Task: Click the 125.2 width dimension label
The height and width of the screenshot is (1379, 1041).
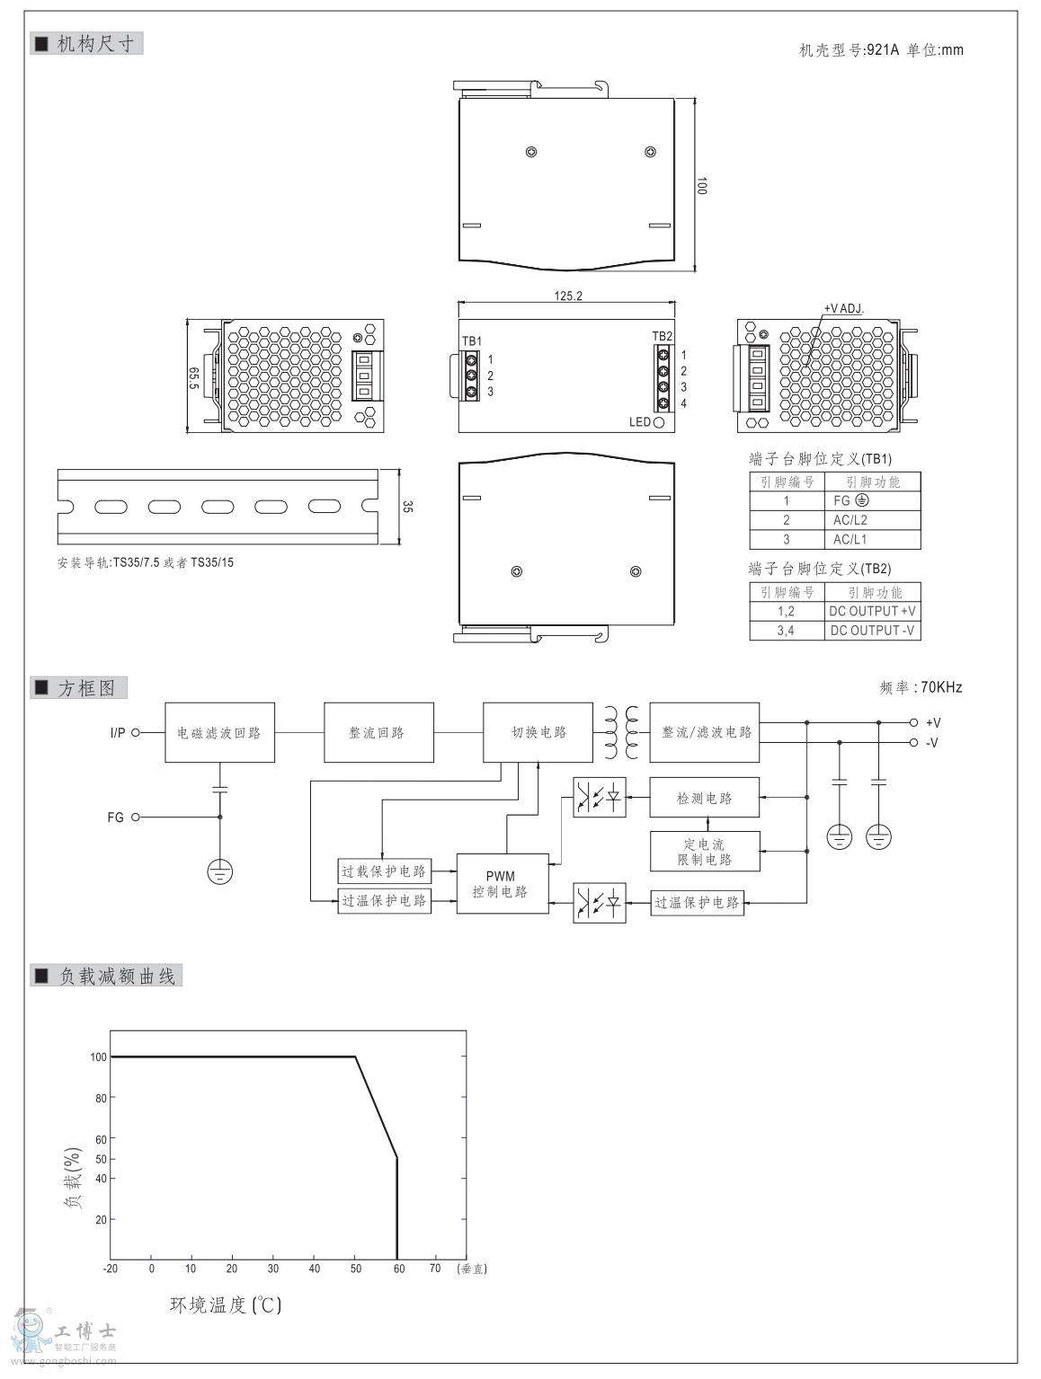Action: coord(567,296)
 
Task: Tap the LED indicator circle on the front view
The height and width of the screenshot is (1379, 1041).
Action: coord(659,421)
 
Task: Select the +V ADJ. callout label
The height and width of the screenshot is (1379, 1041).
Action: coord(843,308)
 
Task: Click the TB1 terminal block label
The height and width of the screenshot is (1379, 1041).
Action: coord(471,340)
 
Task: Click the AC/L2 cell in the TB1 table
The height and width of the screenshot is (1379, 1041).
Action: coord(850,520)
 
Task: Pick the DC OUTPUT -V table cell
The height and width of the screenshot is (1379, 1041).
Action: coord(872,630)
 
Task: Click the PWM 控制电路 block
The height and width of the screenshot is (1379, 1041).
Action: coord(502,883)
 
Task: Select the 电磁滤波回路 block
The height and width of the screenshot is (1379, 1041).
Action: coord(219,733)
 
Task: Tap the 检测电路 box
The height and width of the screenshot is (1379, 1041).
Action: coord(704,798)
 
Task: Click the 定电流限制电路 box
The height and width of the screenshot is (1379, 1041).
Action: coord(704,852)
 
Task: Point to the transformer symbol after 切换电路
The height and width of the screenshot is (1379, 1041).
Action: coord(621,732)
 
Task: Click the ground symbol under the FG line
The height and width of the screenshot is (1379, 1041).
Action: coord(220,871)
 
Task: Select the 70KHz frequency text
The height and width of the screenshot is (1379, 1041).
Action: coord(941,687)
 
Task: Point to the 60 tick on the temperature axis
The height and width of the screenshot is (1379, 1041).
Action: coord(398,1269)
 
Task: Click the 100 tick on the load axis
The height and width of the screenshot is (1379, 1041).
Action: coord(98,1056)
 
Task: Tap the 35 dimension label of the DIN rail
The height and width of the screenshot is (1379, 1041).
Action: coord(407,507)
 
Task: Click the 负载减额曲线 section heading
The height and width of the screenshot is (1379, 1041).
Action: coord(117,976)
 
